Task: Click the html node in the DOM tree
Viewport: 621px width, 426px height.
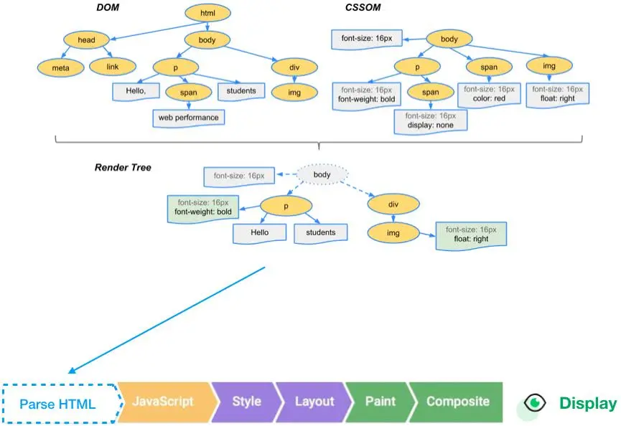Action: [x=208, y=13]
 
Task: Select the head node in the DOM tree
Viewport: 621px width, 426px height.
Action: [x=87, y=40]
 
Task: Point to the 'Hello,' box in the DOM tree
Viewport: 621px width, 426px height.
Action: [x=134, y=91]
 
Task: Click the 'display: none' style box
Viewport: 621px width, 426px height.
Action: [x=430, y=120]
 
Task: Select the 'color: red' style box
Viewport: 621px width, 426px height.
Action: [x=488, y=95]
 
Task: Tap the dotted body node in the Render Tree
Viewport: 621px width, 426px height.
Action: [x=322, y=174]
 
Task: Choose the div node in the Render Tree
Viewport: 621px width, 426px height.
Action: [x=393, y=204]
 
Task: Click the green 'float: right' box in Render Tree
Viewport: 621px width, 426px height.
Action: [x=471, y=235]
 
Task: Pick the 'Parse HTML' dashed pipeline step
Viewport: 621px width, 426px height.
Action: [x=57, y=404]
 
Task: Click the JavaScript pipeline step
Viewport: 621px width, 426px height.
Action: [x=164, y=402]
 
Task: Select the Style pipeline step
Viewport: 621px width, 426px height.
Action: [x=246, y=402]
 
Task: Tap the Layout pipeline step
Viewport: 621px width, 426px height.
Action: [x=314, y=402]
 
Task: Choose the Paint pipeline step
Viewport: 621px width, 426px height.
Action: [x=380, y=402]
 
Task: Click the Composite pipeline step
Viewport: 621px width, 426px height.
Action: [x=457, y=402]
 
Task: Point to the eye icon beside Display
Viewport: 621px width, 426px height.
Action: [x=535, y=402]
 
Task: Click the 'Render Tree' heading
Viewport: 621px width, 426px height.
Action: [x=122, y=168]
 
